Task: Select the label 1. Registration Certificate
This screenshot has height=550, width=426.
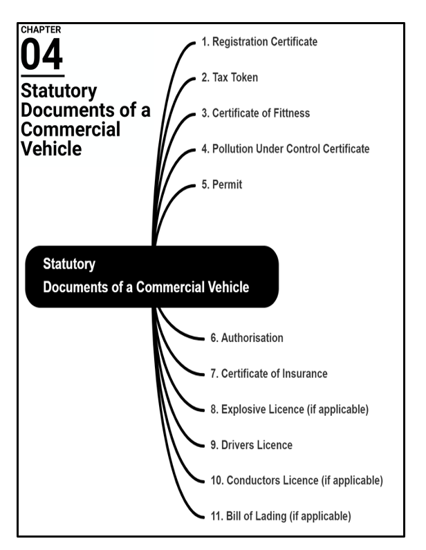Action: (259, 42)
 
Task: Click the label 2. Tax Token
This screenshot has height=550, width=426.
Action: (230, 77)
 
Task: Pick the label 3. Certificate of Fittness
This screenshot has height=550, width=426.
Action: (255, 113)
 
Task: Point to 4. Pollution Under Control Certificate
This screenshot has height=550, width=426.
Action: (286, 149)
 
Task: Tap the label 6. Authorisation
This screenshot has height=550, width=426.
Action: (247, 339)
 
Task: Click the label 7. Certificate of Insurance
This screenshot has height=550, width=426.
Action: (269, 374)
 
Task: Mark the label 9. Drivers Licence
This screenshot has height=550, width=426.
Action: (251, 445)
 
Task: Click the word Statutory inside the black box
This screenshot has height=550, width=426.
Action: (69, 264)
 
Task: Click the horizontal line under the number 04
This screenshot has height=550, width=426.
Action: (42, 76)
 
